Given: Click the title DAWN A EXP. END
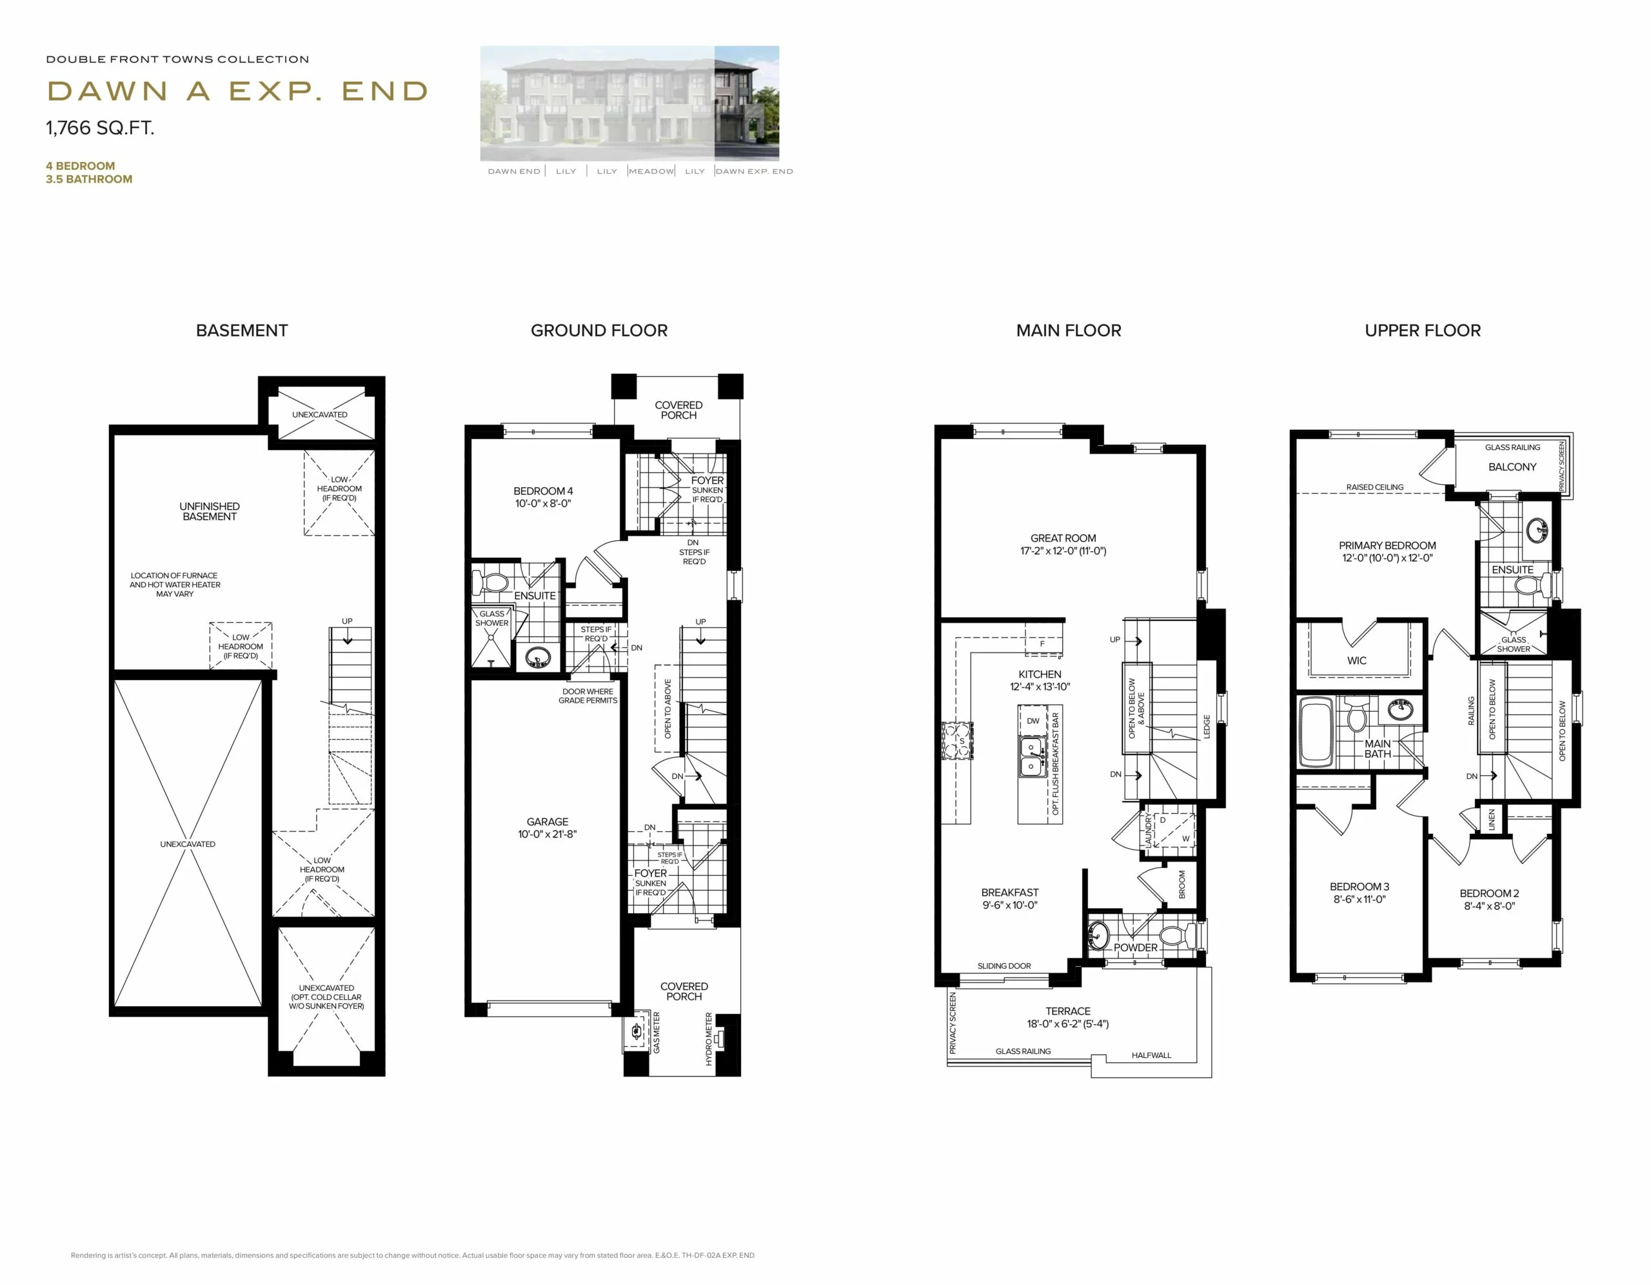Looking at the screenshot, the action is point(237,92).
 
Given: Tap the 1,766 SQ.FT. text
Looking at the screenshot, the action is point(100,128).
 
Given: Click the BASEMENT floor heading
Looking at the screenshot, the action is point(242,330).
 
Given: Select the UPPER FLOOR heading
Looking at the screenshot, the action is point(1423,330).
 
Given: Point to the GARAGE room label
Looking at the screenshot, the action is point(548,822).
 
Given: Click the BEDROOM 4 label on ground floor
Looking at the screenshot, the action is point(543,491).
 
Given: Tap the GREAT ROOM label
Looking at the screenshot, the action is point(1063,538).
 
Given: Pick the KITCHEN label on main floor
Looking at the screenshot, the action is point(1040,674).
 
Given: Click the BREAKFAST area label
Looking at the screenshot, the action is point(1010,893).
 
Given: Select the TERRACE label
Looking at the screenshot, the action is point(1067,1011).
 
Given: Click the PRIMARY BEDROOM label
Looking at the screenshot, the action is point(1387,545).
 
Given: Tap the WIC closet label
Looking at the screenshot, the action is point(1357,660).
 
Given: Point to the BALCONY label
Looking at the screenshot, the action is point(1512,467).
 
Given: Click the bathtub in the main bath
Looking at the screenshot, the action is point(1316,731).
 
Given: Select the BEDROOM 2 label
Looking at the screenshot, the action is point(1489,893).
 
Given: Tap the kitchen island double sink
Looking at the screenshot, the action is point(1031,757).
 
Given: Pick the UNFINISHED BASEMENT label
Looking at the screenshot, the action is point(210,511).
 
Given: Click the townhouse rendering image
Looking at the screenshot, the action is point(629,104).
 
